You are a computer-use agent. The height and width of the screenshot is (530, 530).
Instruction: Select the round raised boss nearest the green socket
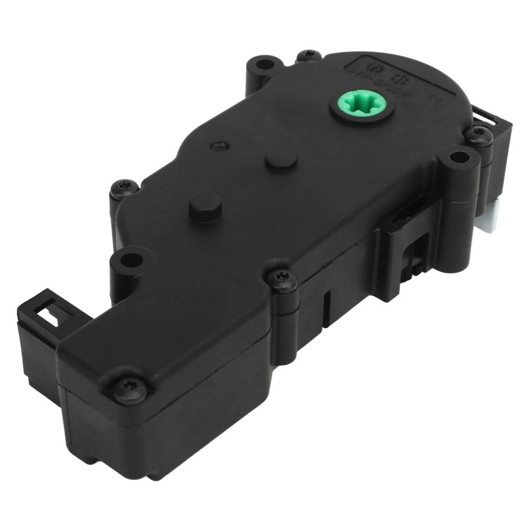point(281,159)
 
